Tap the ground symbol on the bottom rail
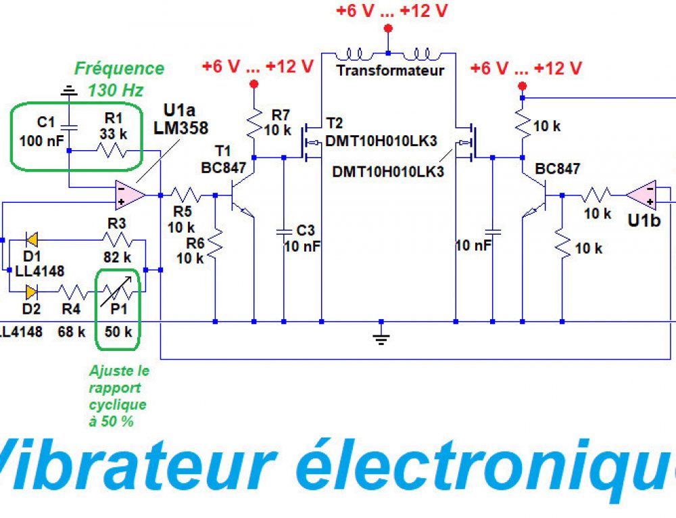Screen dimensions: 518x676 (381, 337)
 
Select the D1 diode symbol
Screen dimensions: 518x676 (30, 239)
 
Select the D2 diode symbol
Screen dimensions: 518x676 (30, 292)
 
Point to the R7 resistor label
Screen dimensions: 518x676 (280, 114)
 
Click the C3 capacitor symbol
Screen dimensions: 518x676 (284, 231)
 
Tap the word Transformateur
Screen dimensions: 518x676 (391, 70)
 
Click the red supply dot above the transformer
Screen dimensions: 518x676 (388, 28)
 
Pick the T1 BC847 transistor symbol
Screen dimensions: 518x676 (240, 197)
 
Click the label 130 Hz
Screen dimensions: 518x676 (116, 89)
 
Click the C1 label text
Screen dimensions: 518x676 (45, 122)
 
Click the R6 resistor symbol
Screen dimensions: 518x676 (215, 243)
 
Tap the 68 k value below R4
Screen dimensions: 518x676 (71, 332)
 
